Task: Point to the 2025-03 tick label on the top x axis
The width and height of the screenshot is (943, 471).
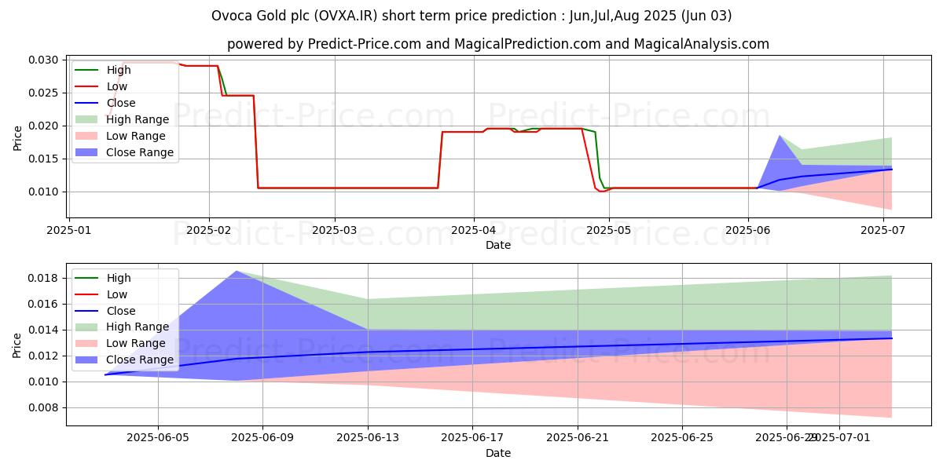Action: click(335, 231)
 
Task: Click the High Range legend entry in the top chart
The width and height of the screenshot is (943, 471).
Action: click(138, 119)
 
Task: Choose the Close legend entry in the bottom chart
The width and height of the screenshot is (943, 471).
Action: click(121, 311)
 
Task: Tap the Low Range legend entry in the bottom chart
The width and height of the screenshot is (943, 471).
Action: click(136, 343)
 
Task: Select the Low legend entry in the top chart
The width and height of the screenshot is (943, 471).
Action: click(117, 86)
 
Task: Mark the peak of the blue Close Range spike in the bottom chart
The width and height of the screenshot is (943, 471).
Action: click(237, 271)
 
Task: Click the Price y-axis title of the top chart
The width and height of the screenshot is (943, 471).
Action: click(17, 137)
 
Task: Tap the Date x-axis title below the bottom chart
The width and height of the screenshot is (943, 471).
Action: click(498, 453)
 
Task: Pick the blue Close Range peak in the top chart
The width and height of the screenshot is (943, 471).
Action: click(780, 136)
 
